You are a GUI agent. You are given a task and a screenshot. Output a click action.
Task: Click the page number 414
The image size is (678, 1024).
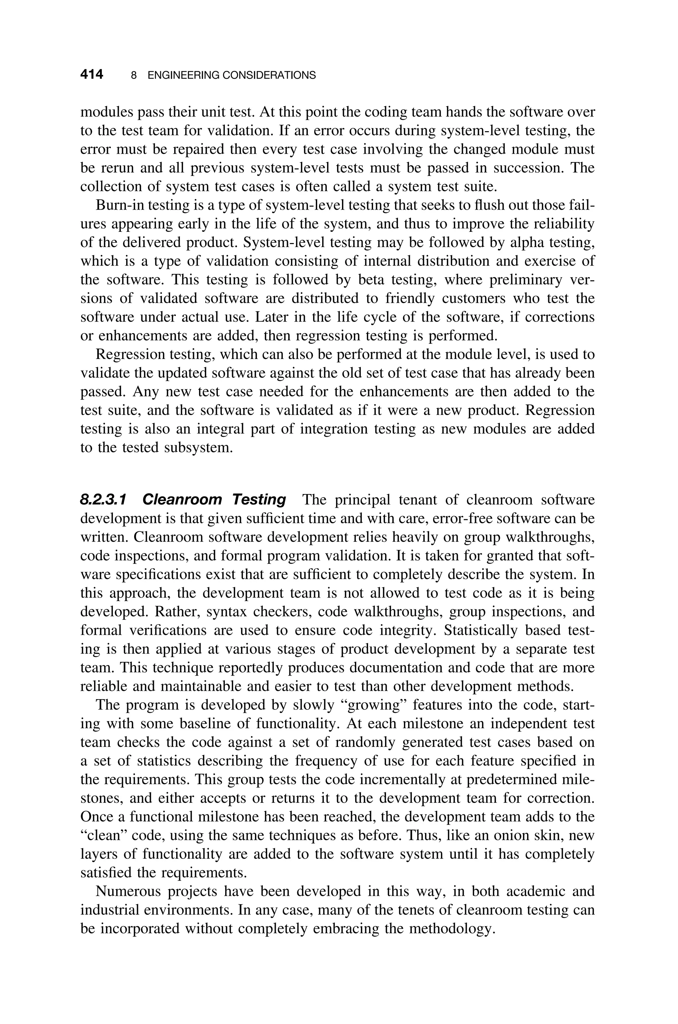tap(92, 75)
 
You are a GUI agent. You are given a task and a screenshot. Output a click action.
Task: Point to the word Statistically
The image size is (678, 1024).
tap(482, 631)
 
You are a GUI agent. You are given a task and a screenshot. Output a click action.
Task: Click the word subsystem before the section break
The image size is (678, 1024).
tap(198, 447)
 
